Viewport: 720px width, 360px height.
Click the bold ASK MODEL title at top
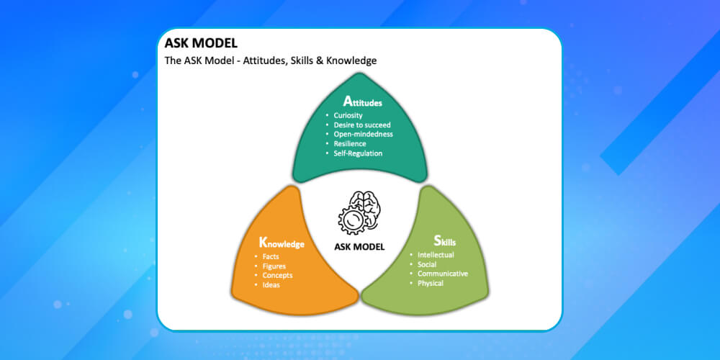(201, 43)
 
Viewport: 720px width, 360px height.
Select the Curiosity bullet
(348, 115)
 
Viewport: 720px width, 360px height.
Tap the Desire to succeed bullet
(362, 125)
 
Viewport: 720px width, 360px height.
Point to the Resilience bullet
(350, 143)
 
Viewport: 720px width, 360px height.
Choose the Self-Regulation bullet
(358, 153)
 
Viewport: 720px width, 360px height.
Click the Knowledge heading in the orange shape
(282, 243)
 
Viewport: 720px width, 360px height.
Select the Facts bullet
(271, 257)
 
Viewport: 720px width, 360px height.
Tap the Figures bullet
(274, 266)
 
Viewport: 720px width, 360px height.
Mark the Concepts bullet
(277, 275)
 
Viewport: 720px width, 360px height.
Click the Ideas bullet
(271, 284)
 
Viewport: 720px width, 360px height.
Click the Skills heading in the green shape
(444, 241)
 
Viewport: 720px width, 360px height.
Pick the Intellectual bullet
(436, 255)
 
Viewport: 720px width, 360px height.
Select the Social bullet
(427, 264)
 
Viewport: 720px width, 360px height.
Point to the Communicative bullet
(443, 274)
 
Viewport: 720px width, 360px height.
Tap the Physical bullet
(431, 283)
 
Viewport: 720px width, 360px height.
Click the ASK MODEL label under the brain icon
(359, 246)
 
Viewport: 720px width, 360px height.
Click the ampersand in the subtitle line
(320, 60)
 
